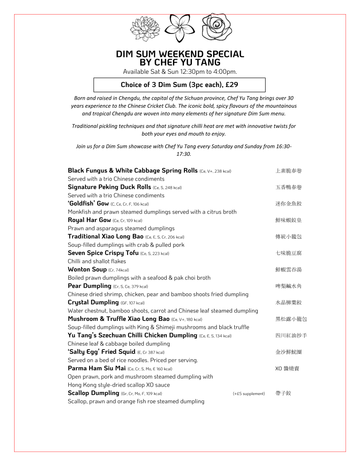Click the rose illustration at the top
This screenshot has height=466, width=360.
(217, 27)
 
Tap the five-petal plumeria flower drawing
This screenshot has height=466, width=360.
(180, 28)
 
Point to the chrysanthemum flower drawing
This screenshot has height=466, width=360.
(145, 28)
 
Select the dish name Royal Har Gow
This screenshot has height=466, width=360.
(89, 220)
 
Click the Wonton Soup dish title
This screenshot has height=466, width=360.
(87, 269)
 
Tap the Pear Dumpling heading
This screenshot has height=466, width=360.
(90, 286)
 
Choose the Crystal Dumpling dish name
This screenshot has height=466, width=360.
(94, 302)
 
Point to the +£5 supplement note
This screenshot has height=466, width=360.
(249, 394)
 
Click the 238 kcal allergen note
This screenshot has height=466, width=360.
(215, 171)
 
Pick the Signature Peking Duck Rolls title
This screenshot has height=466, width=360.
(109, 187)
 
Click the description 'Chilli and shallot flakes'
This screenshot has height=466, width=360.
(97, 261)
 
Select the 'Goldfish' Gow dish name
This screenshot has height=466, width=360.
(88, 203)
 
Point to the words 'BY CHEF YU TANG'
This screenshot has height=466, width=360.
(180, 63)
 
